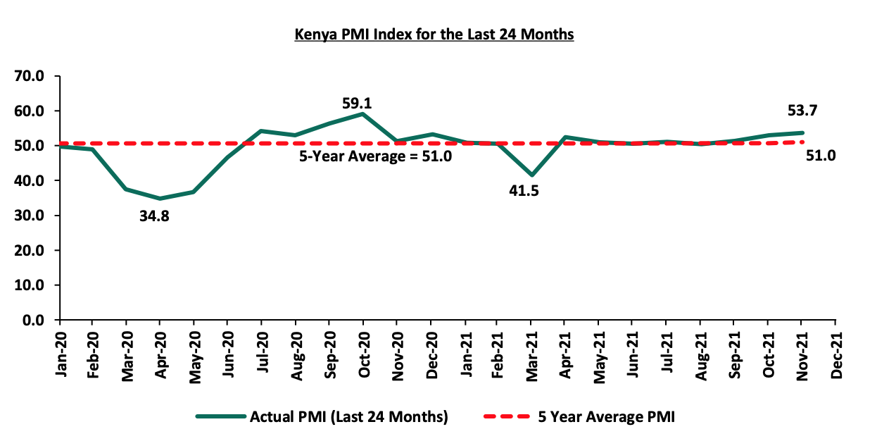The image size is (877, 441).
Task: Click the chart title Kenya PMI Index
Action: [x=434, y=34]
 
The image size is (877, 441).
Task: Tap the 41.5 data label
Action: [x=523, y=190]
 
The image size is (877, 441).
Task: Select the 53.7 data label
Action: [x=803, y=111]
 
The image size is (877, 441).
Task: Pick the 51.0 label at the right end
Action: [x=821, y=156]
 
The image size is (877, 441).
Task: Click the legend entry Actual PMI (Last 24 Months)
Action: [x=348, y=417]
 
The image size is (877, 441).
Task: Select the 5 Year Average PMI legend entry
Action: [x=606, y=417]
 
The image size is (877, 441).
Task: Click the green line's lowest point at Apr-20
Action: [x=160, y=199]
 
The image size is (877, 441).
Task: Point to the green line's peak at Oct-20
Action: [x=362, y=113]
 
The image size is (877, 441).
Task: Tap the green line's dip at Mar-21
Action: [x=531, y=175]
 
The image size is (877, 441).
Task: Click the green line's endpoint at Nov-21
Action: [x=802, y=132]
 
